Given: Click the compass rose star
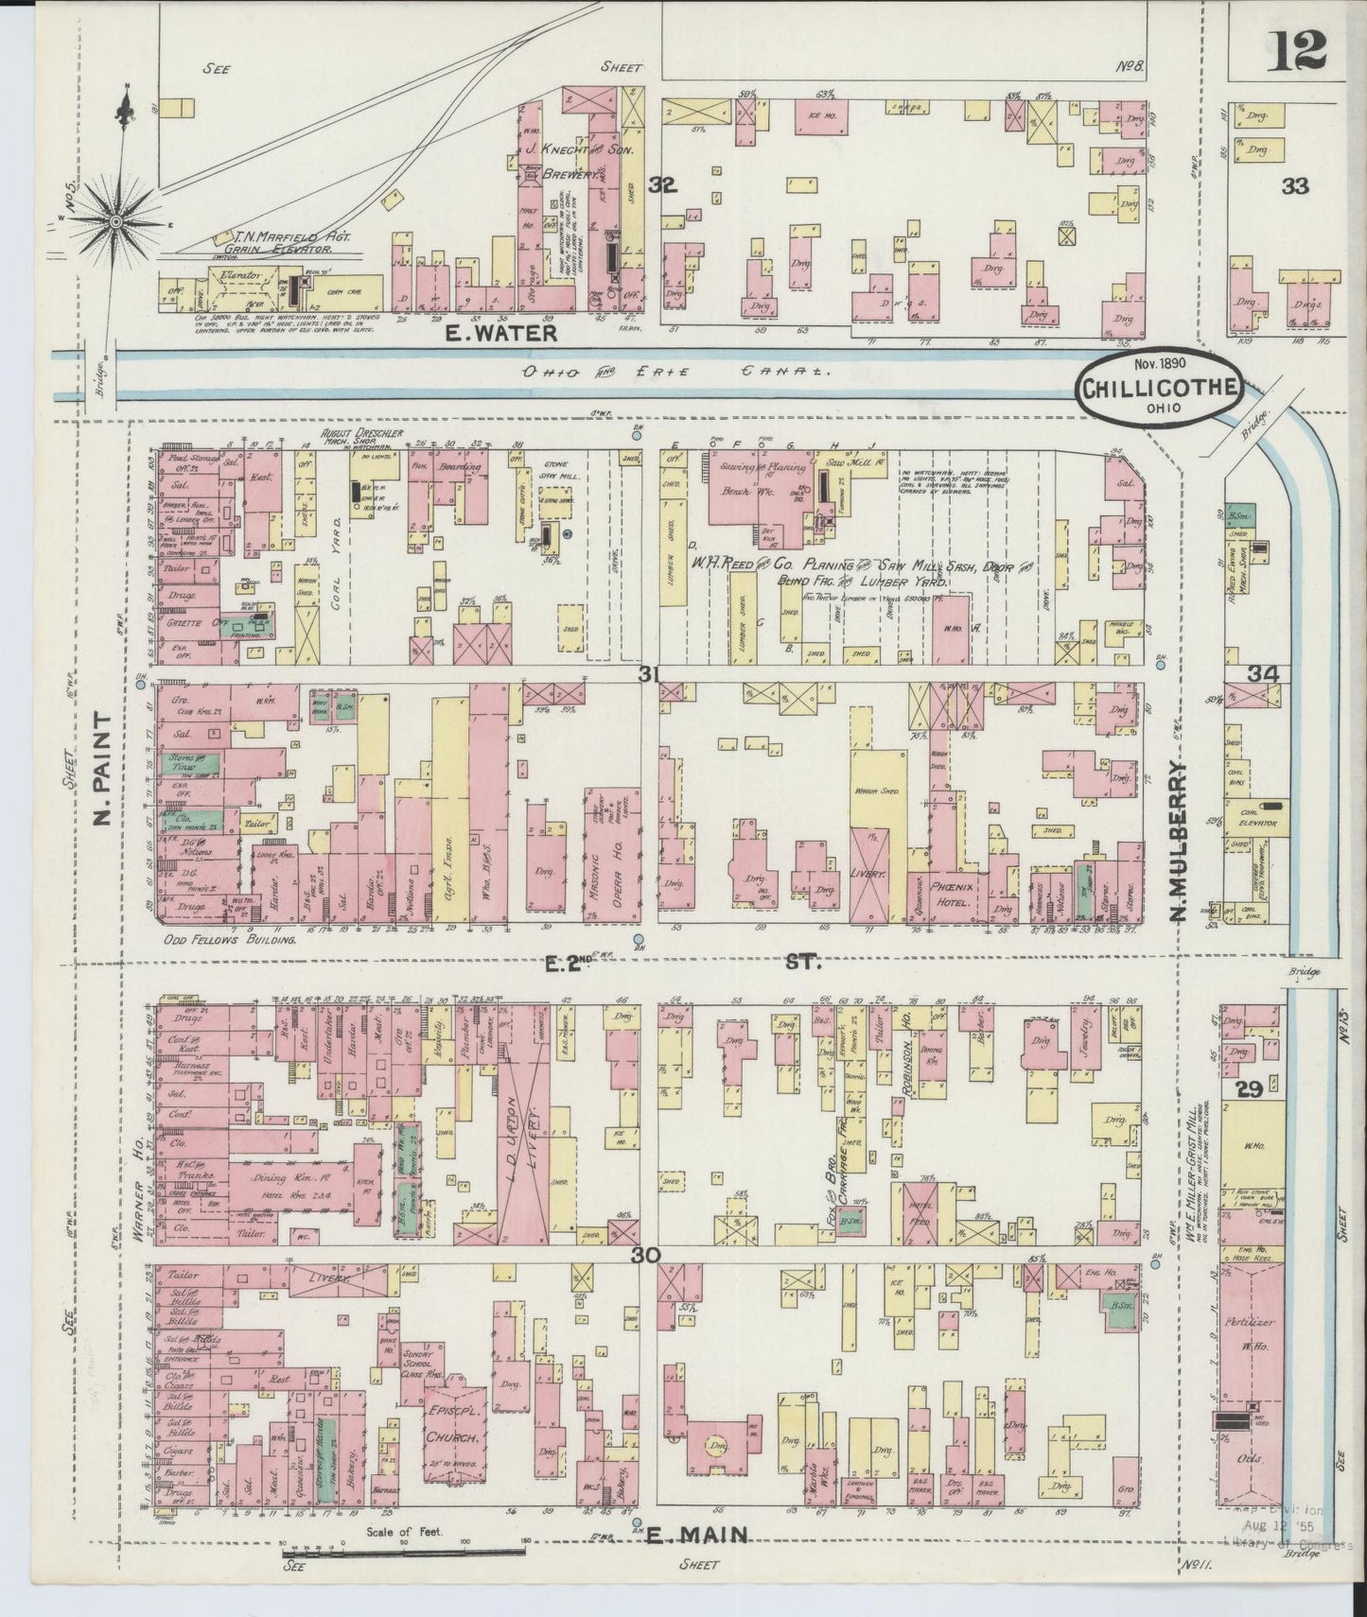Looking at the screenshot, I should click(116, 221).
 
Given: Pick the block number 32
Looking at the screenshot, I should click(663, 186).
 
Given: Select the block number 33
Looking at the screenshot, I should click(1294, 186).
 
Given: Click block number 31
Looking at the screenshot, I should click(648, 673).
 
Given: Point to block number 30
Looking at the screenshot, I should click(648, 1255).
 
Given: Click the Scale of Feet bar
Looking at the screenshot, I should click(405, 1551).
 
